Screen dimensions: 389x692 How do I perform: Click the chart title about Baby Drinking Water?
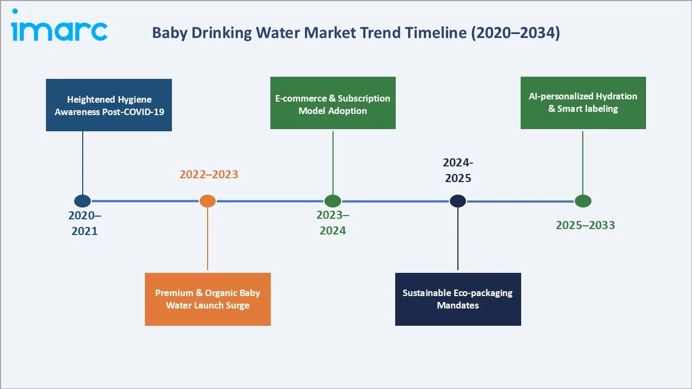(x=356, y=33)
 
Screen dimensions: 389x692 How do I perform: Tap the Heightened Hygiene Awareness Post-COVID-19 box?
(x=109, y=105)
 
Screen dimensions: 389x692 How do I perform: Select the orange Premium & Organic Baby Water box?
(x=208, y=299)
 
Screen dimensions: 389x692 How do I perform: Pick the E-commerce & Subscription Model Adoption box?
(x=332, y=103)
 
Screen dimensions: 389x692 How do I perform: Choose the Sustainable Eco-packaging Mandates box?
(x=457, y=299)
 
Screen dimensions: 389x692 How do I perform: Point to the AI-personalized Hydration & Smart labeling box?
(x=583, y=103)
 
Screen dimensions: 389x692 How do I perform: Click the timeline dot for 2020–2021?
(x=82, y=201)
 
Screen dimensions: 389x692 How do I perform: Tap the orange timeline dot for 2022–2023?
(x=208, y=201)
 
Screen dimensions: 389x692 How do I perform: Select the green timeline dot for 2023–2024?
(x=332, y=201)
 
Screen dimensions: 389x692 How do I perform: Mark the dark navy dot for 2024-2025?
(x=458, y=201)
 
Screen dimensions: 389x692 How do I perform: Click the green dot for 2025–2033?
(x=583, y=201)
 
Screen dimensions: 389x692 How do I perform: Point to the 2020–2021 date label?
(x=84, y=223)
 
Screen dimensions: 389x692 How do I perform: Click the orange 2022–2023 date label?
(x=209, y=175)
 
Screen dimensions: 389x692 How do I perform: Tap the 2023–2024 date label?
(x=332, y=223)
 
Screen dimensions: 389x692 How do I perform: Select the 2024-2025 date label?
(x=457, y=170)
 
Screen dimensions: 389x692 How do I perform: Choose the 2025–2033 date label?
(x=585, y=225)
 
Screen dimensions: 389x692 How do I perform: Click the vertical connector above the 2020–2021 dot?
(x=83, y=162)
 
